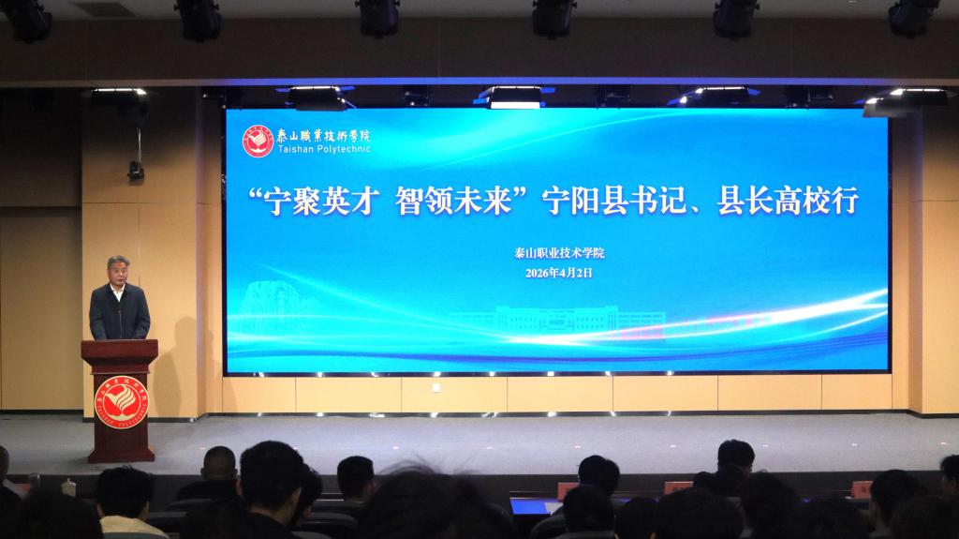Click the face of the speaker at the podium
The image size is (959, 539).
coord(118,271)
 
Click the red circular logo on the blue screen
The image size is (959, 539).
coord(258,140)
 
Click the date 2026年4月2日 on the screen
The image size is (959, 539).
coord(559,273)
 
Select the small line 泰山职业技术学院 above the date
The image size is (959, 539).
coord(560,253)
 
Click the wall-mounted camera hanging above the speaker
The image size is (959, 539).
coord(137,170)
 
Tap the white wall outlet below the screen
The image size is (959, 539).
coord(435,387)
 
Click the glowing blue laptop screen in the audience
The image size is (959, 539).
coord(530,507)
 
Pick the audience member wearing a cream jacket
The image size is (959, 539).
coord(126,511)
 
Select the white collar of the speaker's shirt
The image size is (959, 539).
coord(118,291)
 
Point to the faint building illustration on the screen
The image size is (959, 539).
coord(562,319)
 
